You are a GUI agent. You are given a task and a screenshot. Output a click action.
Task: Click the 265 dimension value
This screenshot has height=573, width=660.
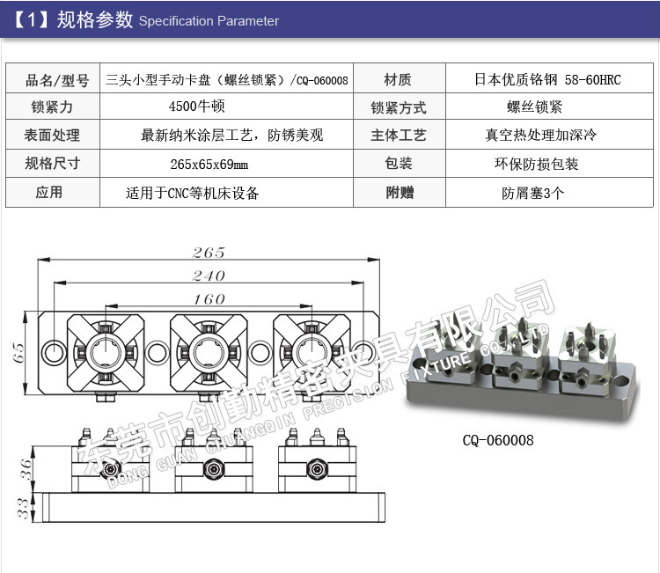pyautogui.click(x=209, y=253)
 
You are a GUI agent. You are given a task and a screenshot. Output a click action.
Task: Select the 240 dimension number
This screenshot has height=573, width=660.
pyautogui.click(x=209, y=275)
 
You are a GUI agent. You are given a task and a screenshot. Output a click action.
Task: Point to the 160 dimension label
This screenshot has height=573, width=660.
pyautogui.click(x=209, y=299)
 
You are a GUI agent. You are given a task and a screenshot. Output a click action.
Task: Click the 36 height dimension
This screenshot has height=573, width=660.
pyautogui.click(x=27, y=467)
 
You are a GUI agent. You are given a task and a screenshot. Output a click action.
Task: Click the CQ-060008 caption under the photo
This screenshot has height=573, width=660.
pyautogui.click(x=498, y=440)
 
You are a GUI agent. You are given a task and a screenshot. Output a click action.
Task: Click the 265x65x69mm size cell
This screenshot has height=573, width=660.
pyautogui.click(x=209, y=164)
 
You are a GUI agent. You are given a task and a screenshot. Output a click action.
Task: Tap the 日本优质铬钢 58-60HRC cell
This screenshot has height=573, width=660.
pyautogui.click(x=547, y=80)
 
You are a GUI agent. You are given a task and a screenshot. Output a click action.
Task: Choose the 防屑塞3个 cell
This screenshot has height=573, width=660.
pyautogui.click(x=533, y=193)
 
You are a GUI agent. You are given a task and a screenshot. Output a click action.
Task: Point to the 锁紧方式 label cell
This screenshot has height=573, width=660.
pyautogui.click(x=398, y=108)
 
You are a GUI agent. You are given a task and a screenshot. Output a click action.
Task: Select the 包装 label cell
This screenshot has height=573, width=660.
pyautogui.click(x=398, y=164)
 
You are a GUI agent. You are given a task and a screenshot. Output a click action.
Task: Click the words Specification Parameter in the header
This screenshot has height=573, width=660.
pyautogui.click(x=209, y=21)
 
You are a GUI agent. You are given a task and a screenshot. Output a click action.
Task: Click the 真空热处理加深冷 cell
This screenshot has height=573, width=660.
pyautogui.click(x=540, y=136)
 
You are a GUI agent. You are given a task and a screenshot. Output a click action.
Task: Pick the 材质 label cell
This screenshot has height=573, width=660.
pyautogui.click(x=398, y=80)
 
